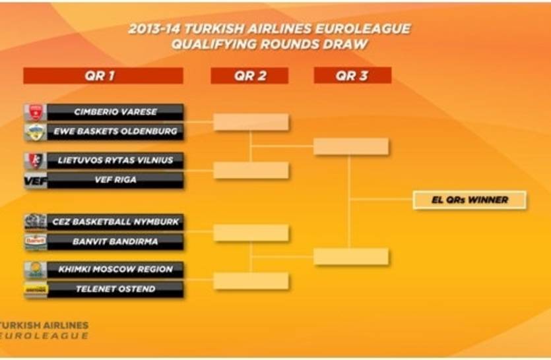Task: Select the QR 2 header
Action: (249, 76)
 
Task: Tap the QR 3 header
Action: (352, 75)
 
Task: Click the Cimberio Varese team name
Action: (115, 112)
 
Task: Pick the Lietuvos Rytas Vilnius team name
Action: (115, 160)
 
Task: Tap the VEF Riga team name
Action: (115, 180)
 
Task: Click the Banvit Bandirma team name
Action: (115, 241)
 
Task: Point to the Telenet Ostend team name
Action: (115, 289)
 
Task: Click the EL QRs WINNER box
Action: (469, 200)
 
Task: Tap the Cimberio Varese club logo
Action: (36, 112)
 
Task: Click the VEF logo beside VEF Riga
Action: (36, 180)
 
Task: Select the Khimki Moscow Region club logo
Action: (36, 270)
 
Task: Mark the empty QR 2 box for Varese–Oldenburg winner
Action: (251, 122)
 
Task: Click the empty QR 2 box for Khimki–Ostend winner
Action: (251, 281)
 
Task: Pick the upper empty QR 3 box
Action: (351, 146)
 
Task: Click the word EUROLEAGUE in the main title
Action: (362, 29)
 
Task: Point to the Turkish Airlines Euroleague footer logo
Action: (44, 330)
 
